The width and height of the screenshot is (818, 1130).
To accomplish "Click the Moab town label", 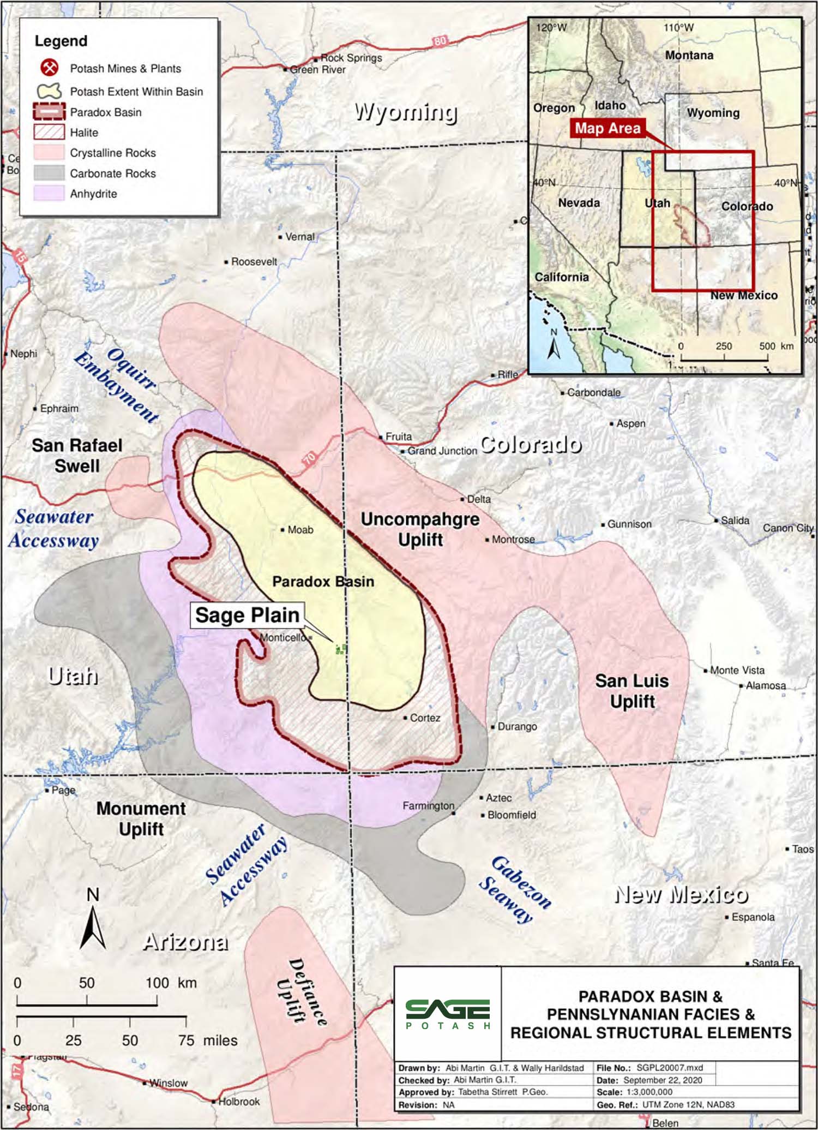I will point(300,530).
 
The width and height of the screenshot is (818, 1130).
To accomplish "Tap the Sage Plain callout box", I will point(247,615).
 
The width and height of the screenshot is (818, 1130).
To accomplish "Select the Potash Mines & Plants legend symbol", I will point(50,68).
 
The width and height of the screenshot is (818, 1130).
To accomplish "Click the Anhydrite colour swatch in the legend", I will point(49,194).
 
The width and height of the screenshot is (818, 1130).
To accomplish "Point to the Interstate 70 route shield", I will point(310,458).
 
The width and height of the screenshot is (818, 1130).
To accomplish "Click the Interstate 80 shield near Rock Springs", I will point(440,41).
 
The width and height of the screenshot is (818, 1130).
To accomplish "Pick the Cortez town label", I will point(425,718).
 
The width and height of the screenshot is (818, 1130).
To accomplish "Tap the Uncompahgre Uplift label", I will point(420,529).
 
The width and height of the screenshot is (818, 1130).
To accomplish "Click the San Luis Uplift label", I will point(632,691).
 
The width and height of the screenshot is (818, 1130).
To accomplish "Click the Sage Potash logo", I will point(447,1014).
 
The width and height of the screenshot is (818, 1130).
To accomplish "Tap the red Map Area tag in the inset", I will point(608,128).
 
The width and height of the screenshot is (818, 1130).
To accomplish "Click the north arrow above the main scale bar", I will point(93,928).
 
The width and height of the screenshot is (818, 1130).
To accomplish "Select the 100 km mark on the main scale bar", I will point(157,983).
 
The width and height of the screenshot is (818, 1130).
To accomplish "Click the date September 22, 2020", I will point(662,1080).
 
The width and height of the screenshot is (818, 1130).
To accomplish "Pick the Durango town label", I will point(516,727).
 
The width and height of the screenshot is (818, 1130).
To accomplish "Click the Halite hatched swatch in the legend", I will point(49,132).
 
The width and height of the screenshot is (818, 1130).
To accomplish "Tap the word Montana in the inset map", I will point(689,56).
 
